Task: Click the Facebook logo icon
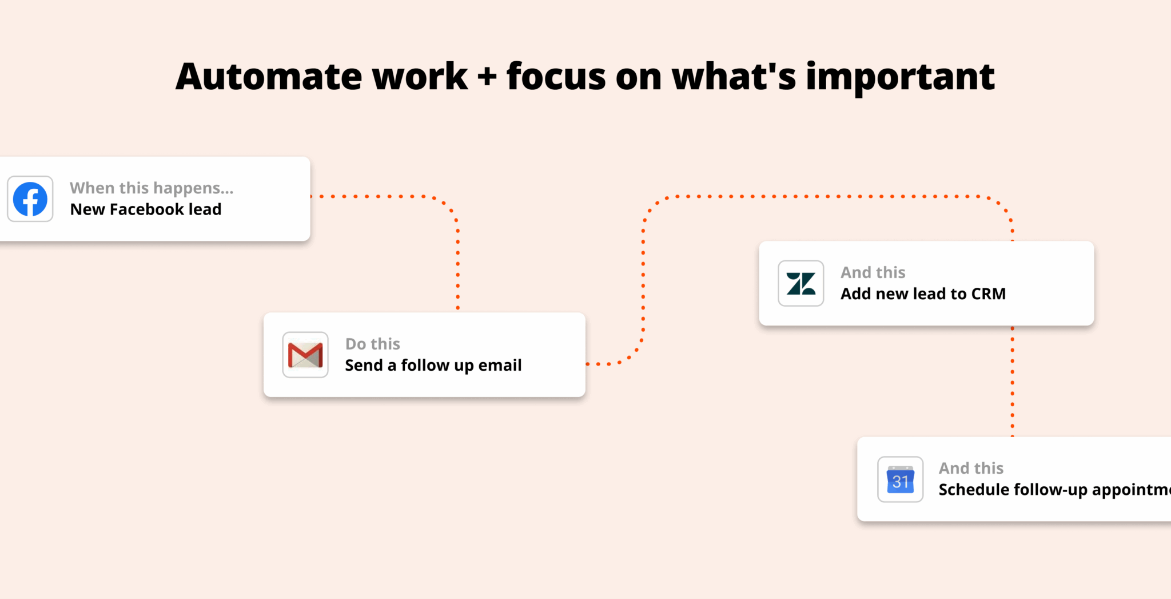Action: (x=30, y=199)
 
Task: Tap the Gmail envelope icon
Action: (x=305, y=355)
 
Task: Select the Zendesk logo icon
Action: (x=800, y=284)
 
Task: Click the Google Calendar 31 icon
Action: (x=900, y=479)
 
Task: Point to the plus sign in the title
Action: (x=487, y=77)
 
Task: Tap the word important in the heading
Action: (x=900, y=77)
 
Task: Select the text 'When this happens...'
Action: (x=152, y=188)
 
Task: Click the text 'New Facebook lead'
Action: (x=146, y=209)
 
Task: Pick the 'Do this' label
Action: (x=373, y=344)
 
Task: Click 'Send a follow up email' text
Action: (x=433, y=365)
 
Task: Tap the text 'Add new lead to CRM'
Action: (x=923, y=294)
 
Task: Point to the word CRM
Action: (x=988, y=294)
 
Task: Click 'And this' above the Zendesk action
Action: (x=873, y=272)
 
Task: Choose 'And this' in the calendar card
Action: (x=971, y=469)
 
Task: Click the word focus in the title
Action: (x=556, y=77)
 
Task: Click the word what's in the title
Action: (x=734, y=77)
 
